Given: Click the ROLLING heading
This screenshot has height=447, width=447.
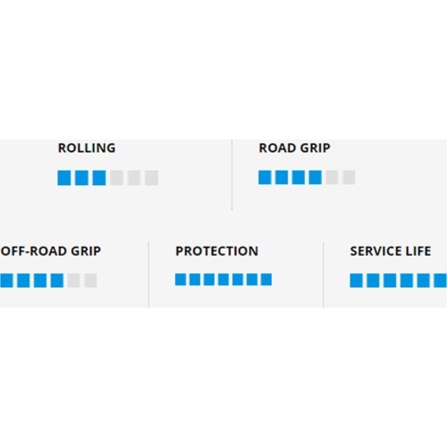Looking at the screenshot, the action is point(87,148).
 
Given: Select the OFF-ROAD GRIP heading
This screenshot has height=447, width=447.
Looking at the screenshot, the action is point(51,251).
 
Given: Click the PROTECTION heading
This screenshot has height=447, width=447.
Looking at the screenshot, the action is point(216,251).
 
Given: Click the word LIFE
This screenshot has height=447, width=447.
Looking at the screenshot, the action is point(417,251).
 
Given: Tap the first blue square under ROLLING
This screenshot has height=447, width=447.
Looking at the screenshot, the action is point(64,178).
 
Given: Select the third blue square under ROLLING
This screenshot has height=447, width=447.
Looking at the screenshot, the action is point(99,178).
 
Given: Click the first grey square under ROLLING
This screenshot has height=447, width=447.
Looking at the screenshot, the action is point(116,178).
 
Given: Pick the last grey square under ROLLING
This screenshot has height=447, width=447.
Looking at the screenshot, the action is point(152,178).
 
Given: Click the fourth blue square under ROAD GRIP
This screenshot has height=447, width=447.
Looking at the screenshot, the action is point(316,177).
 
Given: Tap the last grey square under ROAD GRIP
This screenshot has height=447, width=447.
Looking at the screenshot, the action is point(349,177).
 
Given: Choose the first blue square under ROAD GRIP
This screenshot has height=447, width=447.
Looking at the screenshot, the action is point(265,177).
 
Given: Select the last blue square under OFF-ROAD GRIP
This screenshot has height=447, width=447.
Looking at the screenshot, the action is point(57,281).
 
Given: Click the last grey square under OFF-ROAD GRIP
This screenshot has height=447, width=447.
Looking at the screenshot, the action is point(90,281).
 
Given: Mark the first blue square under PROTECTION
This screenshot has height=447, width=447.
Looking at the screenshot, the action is point(181,280).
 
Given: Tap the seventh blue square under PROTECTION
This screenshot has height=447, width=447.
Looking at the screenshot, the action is point(266,280).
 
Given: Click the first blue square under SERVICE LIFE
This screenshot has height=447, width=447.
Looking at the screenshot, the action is point(357,281).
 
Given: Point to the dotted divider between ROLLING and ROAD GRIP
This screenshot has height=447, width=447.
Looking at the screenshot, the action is point(232,174).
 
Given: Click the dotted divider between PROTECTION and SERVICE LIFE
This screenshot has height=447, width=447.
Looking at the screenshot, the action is point(324,274).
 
